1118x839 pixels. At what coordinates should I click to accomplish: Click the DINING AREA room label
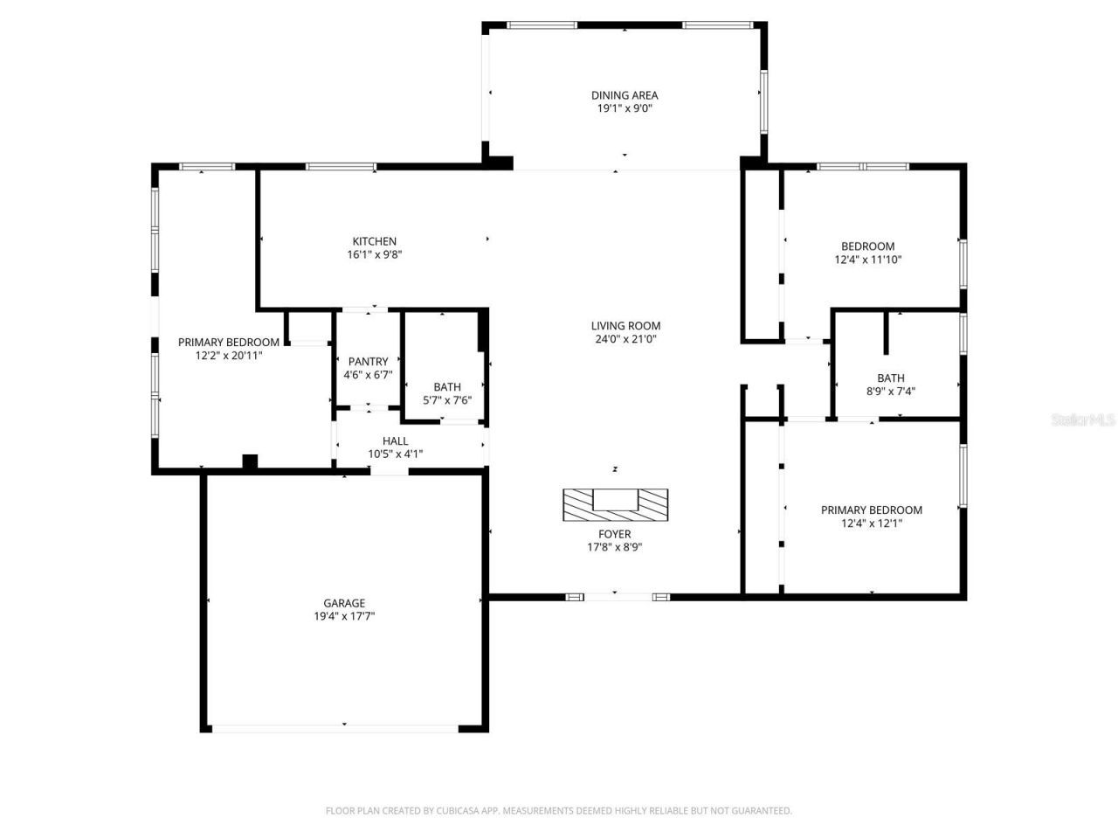click(x=624, y=95)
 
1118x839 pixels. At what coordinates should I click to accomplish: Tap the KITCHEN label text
click(x=374, y=241)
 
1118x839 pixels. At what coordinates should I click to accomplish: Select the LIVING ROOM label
click(x=625, y=326)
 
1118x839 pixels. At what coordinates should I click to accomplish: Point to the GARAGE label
click(x=344, y=603)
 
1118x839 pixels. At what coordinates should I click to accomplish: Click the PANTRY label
click(x=368, y=361)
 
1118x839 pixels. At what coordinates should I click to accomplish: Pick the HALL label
click(x=395, y=440)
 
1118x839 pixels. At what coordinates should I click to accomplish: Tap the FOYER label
click(x=614, y=534)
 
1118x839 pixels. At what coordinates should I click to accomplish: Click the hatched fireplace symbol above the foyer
click(x=615, y=504)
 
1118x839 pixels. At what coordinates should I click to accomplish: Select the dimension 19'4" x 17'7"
click(x=344, y=616)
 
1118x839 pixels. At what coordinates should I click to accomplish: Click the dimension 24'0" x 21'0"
click(x=625, y=339)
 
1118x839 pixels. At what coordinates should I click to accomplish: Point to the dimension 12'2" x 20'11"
click(x=228, y=356)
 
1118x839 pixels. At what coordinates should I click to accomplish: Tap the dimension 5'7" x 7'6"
click(x=447, y=400)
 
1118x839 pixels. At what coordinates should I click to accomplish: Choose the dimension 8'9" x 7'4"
click(x=891, y=392)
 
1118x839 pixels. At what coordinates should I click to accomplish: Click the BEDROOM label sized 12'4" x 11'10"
click(x=867, y=246)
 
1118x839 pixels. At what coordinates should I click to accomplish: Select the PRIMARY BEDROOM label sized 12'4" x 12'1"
click(x=871, y=510)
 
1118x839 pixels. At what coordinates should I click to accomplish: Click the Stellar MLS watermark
click(x=1083, y=420)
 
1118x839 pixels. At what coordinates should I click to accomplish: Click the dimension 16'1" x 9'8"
click(x=374, y=254)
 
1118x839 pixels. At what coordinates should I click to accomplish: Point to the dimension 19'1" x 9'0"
click(x=624, y=108)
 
